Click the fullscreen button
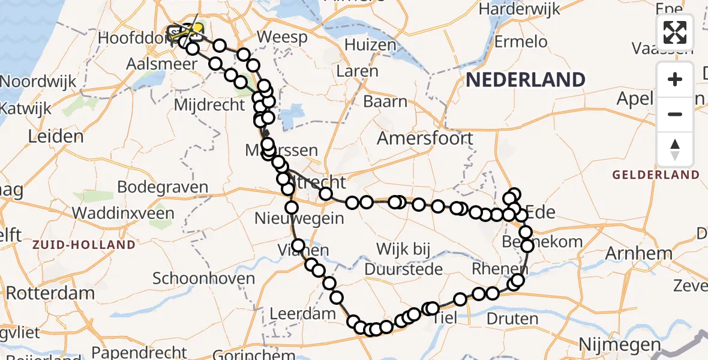(x=675, y=32)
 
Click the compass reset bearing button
(x=675, y=149)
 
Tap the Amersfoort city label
(x=425, y=139)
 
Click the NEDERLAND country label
(x=525, y=80)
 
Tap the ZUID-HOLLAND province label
(x=84, y=245)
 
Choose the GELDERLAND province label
(x=656, y=175)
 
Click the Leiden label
(x=55, y=136)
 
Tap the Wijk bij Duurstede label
(x=401, y=259)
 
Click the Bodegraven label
(x=163, y=187)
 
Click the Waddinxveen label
(x=123, y=213)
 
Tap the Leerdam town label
(x=302, y=313)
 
